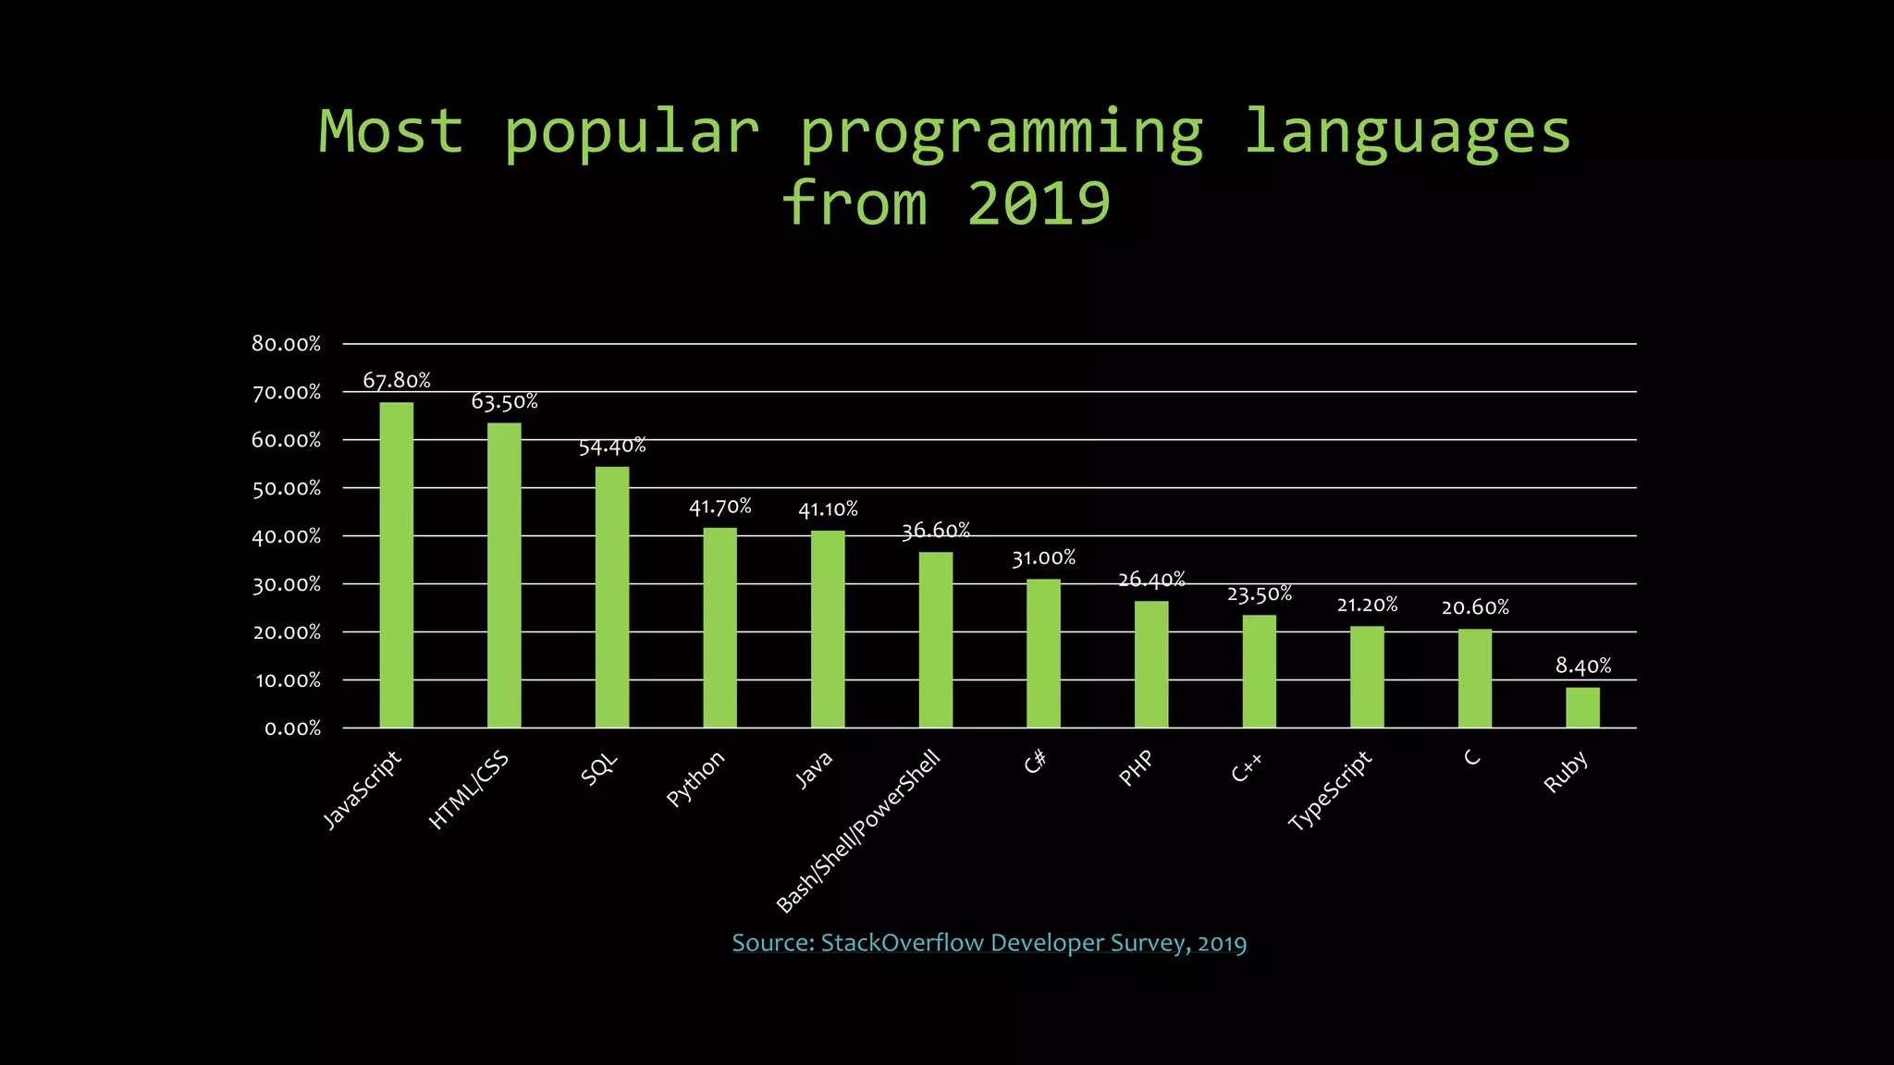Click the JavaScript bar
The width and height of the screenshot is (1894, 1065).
coord(396,565)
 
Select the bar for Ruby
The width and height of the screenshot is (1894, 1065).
coord(1582,707)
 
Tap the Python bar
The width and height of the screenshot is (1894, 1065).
coord(719,628)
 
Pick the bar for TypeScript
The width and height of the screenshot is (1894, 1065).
coord(1367,677)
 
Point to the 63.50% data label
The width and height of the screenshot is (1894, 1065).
coord(504,401)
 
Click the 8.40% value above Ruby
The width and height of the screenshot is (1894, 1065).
coord(1582,666)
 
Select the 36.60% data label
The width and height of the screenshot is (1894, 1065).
coord(935,531)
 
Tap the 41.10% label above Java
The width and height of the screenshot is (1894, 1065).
coord(828,509)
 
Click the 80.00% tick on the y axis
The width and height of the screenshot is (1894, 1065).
coord(286,344)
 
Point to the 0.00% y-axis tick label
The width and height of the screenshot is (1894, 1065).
coord(292,728)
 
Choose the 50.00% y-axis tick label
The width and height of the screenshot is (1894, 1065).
coord(286,488)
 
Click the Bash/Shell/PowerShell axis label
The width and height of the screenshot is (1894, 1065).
coord(858,831)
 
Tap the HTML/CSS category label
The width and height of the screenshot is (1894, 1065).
coord(469,790)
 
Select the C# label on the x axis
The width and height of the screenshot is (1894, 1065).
coord(1035,762)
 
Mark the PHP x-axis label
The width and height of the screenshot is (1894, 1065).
coord(1136,768)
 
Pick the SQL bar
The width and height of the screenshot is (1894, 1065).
coord(611,597)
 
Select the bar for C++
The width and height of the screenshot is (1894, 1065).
coord(1259,671)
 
